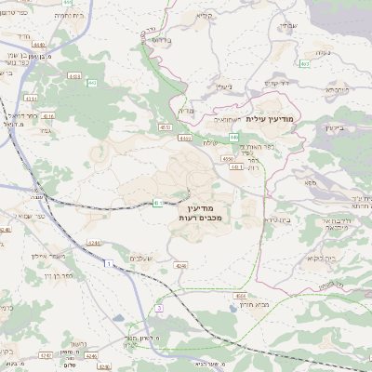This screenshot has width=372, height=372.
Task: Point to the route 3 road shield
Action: coord(159,307)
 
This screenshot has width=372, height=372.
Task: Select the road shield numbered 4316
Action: coord(48,117)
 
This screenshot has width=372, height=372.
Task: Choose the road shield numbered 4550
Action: coord(228,159)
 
